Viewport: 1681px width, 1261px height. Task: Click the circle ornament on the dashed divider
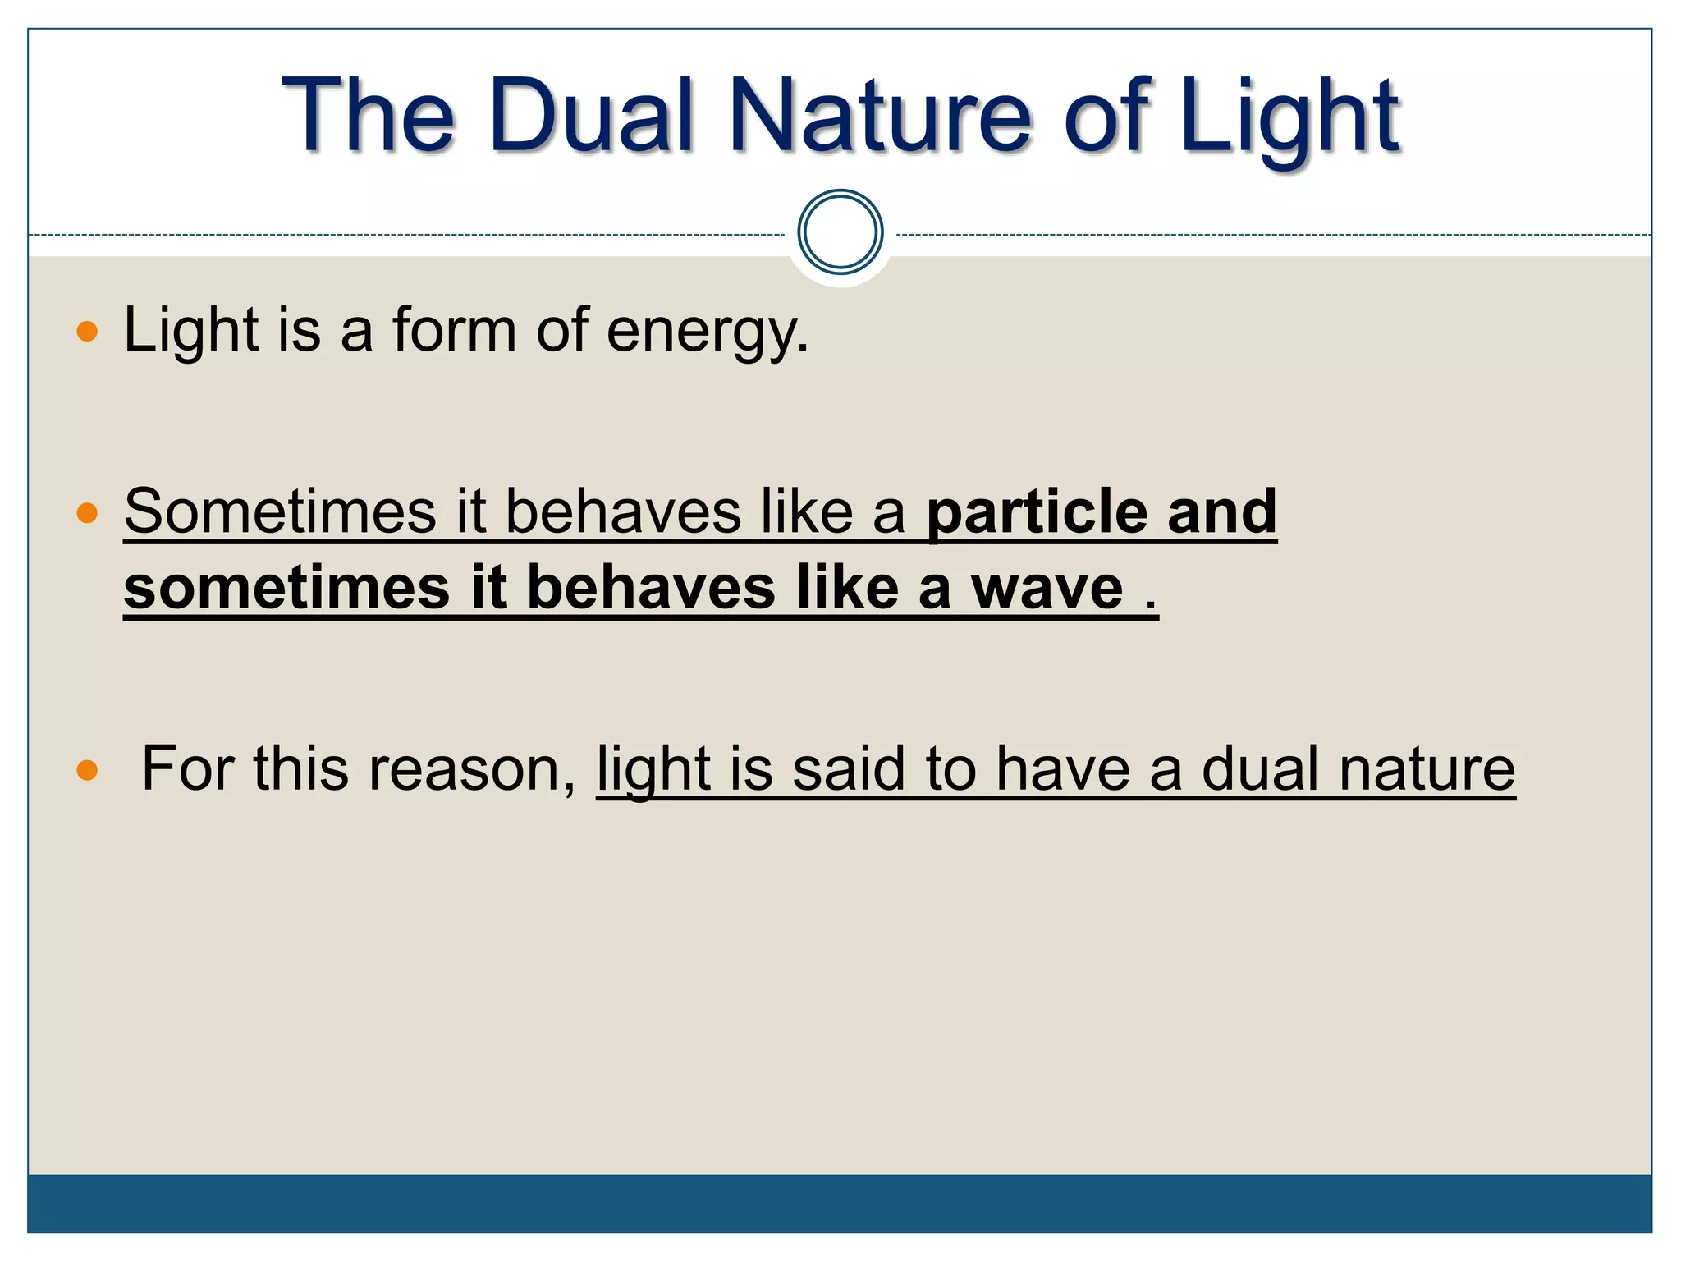pyautogui.click(x=840, y=232)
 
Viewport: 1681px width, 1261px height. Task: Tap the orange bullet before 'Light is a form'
pyautogui.click(x=87, y=332)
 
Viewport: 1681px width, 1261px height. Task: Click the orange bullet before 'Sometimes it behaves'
pyautogui.click(x=87, y=513)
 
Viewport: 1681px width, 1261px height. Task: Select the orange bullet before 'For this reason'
pyautogui.click(x=87, y=770)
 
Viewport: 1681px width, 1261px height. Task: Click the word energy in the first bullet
pyautogui.click(x=707, y=332)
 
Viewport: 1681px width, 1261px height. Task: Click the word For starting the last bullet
pyautogui.click(x=188, y=769)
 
